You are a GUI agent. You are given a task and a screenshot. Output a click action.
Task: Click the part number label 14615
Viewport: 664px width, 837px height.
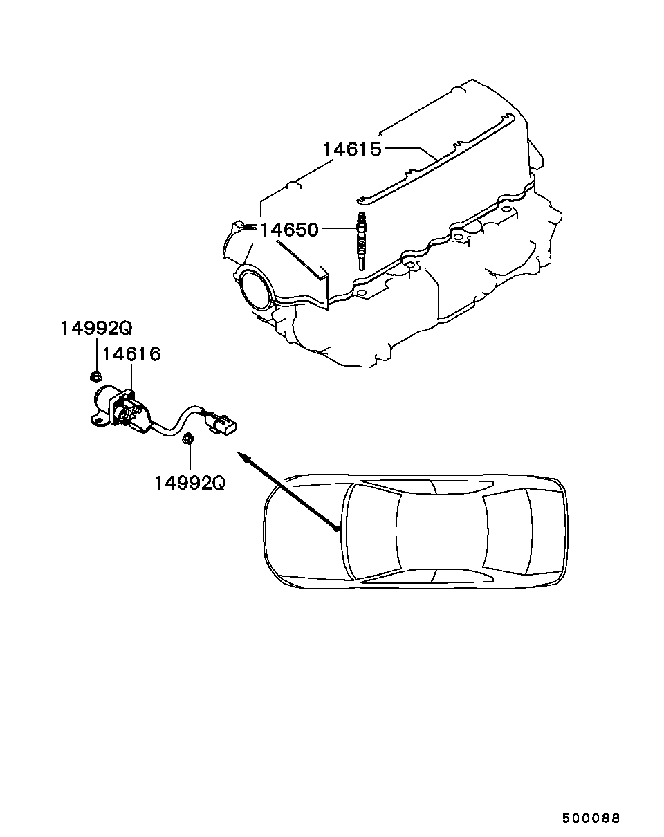pos(352,149)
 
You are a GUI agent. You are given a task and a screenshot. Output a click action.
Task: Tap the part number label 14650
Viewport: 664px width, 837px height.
pos(289,230)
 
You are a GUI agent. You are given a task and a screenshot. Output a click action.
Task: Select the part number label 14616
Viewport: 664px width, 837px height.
pos(131,355)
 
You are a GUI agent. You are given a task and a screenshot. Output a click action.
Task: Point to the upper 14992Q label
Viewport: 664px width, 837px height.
pos(95,328)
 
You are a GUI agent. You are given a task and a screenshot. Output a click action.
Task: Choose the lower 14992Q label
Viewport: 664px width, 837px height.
pos(189,482)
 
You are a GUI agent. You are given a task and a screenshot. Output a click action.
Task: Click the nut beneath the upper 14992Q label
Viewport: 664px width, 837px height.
pos(96,377)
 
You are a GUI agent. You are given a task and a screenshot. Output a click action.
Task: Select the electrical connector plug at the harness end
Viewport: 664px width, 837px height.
pos(225,425)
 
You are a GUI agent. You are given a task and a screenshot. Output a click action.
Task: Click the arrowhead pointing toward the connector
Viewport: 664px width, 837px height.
pos(241,455)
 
